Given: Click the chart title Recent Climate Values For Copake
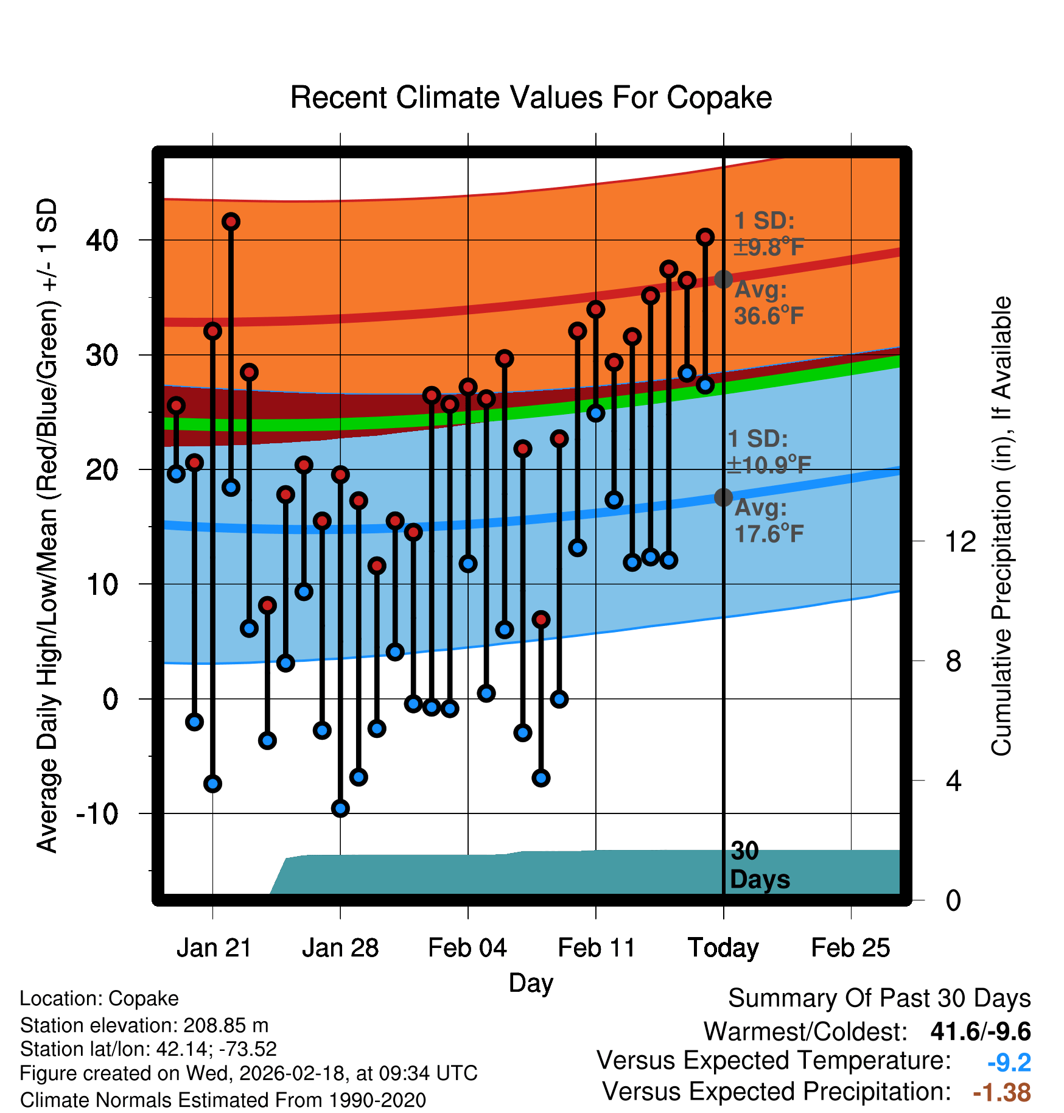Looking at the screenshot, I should [531, 97].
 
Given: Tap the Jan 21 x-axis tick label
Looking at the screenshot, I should [214, 948].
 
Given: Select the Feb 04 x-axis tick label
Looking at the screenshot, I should [467, 948].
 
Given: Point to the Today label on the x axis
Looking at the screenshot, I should [723, 948].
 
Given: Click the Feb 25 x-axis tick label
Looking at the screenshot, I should [850, 948].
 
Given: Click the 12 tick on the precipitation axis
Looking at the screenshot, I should [960, 541].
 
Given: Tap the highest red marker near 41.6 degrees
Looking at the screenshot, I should [231, 222].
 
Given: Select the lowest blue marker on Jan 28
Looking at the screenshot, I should [340, 809].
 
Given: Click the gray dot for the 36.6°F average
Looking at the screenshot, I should [723, 279].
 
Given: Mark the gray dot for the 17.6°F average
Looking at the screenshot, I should [723, 497].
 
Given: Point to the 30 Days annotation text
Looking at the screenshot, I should [759, 865].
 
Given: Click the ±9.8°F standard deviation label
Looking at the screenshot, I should [769, 247].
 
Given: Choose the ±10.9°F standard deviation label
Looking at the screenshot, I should [769, 465].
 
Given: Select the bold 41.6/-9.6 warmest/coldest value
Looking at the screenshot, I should [980, 1031].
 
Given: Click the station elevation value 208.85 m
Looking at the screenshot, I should [226, 1025].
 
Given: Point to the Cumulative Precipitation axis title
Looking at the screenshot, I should [1001, 527].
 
